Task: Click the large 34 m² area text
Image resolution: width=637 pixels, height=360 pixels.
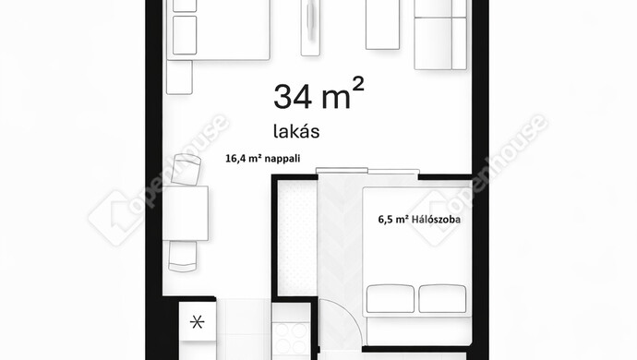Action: [318, 95]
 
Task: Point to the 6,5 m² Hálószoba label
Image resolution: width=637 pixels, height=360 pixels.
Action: [419, 221]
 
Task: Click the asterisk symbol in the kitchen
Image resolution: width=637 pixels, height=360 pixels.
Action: [196, 322]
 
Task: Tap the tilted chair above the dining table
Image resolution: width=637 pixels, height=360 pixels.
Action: [186, 169]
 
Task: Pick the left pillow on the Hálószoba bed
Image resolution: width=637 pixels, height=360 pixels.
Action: [391, 298]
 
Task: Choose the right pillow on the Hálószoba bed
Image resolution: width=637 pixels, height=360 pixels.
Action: [442, 298]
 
